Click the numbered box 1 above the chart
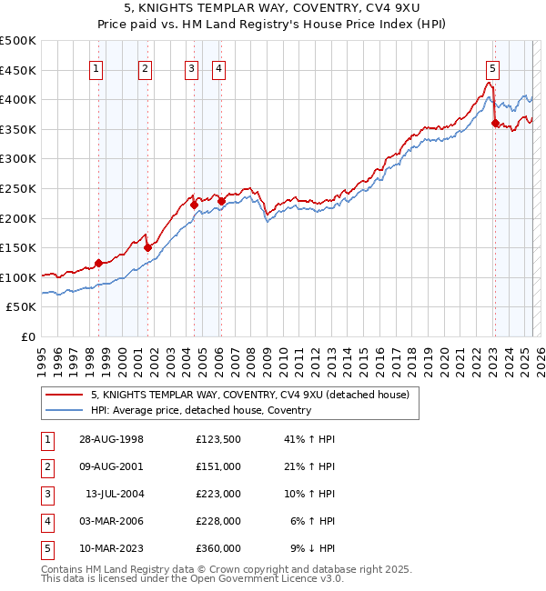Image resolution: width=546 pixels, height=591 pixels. click(96, 66)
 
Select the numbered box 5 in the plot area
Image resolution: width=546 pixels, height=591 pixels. click(492, 66)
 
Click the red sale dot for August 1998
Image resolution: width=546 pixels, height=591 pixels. click(98, 264)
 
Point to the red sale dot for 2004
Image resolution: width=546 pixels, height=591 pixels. click(194, 205)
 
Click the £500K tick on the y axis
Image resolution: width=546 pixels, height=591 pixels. click(18, 40)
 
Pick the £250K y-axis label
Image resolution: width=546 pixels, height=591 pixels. click(18, 188)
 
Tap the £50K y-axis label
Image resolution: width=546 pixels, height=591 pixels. click(22, 307)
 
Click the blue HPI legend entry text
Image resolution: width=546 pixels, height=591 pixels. click(201, 410)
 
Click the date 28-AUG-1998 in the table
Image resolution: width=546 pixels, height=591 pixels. click(111, 439)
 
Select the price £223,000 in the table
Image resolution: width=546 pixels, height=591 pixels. click(217, 494)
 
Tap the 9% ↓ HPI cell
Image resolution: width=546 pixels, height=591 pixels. click(312, 548)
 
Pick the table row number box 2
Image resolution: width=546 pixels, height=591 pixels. click(46, 466)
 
